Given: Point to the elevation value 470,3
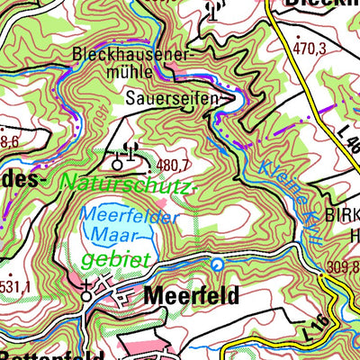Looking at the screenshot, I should point(308,49).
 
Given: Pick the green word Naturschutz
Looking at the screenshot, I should point(126,184).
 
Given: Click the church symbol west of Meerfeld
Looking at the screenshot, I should point(86,292).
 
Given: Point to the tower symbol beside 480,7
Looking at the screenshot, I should point(117,164).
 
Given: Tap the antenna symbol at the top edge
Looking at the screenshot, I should point(213,11).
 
